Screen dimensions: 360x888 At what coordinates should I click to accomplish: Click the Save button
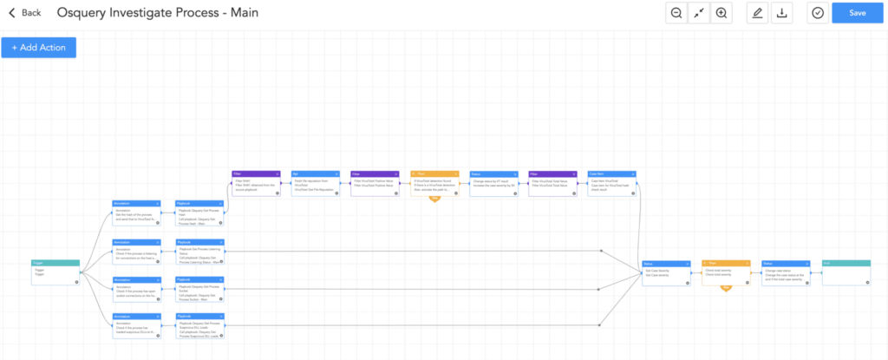(858, 13)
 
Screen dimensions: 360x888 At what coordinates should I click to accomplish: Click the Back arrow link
(24, 13)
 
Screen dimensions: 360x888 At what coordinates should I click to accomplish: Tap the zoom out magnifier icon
(676, 13)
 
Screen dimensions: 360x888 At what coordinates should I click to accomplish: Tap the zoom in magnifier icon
(721, 13)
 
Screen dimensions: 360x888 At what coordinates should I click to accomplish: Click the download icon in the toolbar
(782, 13)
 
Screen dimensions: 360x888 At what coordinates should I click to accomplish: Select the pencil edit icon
(757, 13)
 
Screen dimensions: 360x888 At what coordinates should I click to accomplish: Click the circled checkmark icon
(817, 13)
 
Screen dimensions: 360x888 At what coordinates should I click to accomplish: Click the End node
(846, 272)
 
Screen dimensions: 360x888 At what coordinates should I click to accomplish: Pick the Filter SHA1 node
(255, 184)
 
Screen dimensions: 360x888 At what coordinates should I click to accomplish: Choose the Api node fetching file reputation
(314, 184)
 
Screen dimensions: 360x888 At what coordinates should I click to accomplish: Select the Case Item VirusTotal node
(611, 184)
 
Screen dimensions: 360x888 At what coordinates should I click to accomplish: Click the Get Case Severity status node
(664, 272)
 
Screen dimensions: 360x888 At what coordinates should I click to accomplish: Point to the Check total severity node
(726, 272)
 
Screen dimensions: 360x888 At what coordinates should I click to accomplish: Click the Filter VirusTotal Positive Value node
(374, 184)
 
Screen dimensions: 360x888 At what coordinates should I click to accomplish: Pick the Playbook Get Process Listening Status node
(200, 251)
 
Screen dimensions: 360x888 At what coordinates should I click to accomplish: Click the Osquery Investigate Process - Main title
(157, 13)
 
